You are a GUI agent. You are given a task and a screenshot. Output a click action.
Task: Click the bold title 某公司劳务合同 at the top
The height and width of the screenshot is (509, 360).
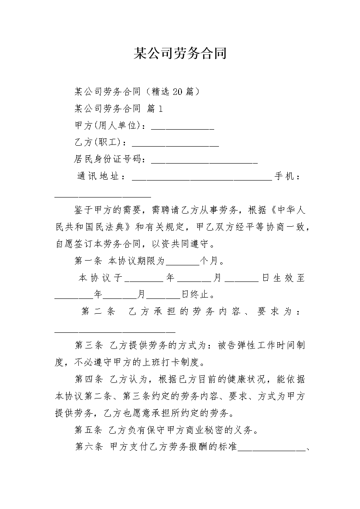(x=180, y=54)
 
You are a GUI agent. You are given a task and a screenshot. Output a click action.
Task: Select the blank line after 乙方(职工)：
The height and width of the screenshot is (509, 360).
(x=175, y=144)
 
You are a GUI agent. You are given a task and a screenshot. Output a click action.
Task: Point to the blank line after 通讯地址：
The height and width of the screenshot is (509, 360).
(x=202, y=177)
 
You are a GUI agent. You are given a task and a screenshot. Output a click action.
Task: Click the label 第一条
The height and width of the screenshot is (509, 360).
(x=88, y=261)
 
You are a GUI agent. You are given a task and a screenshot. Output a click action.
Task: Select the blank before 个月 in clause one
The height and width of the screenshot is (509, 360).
(x=182, y=263)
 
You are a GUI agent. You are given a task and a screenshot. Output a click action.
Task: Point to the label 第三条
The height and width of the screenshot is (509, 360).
(x=88, y=346)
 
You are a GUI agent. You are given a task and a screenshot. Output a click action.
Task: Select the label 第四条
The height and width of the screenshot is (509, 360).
(x=88, y=379)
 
